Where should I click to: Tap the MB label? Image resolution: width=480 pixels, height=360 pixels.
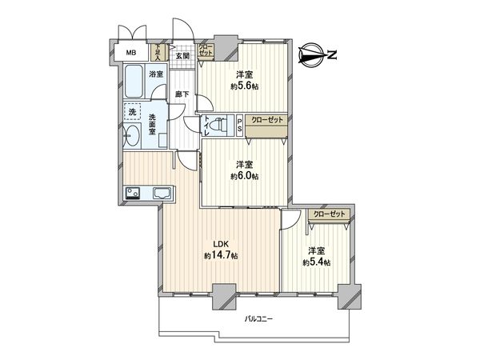[129, 54]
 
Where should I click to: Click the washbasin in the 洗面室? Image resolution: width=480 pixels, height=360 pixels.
[132, 137]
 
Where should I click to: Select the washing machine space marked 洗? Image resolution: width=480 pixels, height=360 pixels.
[133, 112]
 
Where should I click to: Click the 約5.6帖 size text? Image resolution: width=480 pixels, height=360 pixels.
[244, 86]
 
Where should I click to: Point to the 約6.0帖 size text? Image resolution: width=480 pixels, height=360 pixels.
[244, 176]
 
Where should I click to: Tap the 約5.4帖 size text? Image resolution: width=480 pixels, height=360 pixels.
[317, 262]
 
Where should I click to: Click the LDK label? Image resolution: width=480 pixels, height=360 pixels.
[219, 245]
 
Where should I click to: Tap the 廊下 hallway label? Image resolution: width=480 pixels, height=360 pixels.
[182, 94]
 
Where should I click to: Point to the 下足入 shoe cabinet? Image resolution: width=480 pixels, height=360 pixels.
[158, 53]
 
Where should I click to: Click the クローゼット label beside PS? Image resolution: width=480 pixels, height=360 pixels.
[266, 120]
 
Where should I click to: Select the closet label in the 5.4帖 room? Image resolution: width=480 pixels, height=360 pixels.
[330, 214]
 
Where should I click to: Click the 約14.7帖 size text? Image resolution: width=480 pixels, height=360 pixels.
[220, 255]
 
